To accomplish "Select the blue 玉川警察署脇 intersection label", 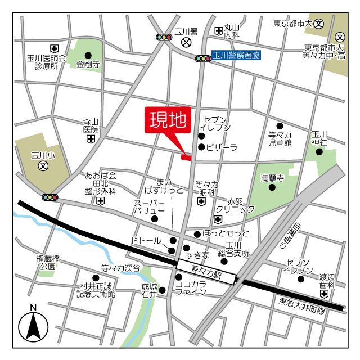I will coord(237,56).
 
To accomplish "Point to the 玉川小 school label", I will coord(42,154).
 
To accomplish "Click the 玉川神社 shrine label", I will coord(319,138).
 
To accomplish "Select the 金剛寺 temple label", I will coord(88,65).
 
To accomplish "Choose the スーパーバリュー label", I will coord(148,206).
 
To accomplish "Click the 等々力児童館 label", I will coord(280,139).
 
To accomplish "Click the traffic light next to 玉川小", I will coord(50,197).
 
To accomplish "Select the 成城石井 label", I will coord(149,290).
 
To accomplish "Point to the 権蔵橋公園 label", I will coord(47,263).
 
